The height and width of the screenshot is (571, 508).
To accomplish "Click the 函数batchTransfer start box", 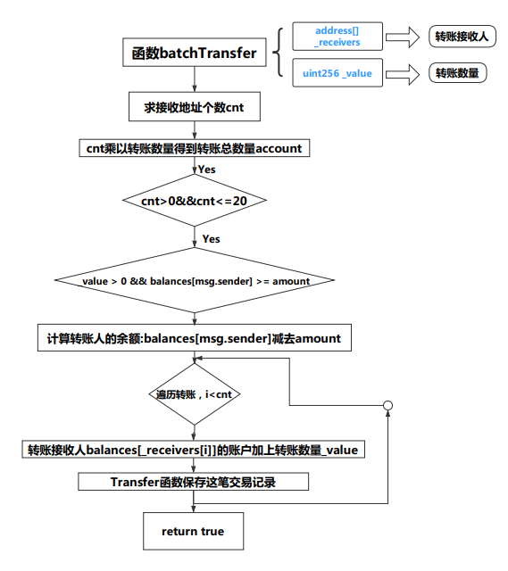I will pyautogui.click(x=195, y=54).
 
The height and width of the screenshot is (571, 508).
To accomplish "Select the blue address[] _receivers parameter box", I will pyautogui.click(x=337, y=37).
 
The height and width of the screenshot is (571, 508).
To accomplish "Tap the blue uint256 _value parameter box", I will pyautogui.click(x=337, y=73).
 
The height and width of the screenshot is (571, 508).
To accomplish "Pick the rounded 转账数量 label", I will pyautogui.click(x=459, y=73).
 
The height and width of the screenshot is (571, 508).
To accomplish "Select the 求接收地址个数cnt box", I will pyautogui.click(x=195, y=108).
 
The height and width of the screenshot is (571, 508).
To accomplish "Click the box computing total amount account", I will pyautogui.click(x=195, y=148).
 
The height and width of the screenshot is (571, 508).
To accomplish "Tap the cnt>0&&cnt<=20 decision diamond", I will pyautogui.click(x=195, y=202).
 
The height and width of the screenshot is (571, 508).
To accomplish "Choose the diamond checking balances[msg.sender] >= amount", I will pyautogui.click(x=195, y=282).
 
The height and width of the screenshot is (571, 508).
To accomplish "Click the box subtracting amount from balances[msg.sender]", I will pyautogui.click(x=195, y=339).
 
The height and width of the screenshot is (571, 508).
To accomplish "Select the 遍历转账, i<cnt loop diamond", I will pyautogui.click(x=195, y=393).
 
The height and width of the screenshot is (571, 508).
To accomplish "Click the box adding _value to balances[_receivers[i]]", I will pyautogui.click(x=195, y=450).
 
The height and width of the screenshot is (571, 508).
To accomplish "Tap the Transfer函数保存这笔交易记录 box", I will pyautogui.click(x=195, y=482).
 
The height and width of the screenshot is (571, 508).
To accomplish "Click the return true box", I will pyautogui.click(x=193, y=532).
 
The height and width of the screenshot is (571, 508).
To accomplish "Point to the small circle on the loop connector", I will pyautogui.click(x=387, y=406).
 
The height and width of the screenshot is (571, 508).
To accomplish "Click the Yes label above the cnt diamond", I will pyautogui.click(x=206, y=170).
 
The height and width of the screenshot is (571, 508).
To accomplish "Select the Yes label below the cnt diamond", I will pyautogui.click(x=211, y=239).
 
